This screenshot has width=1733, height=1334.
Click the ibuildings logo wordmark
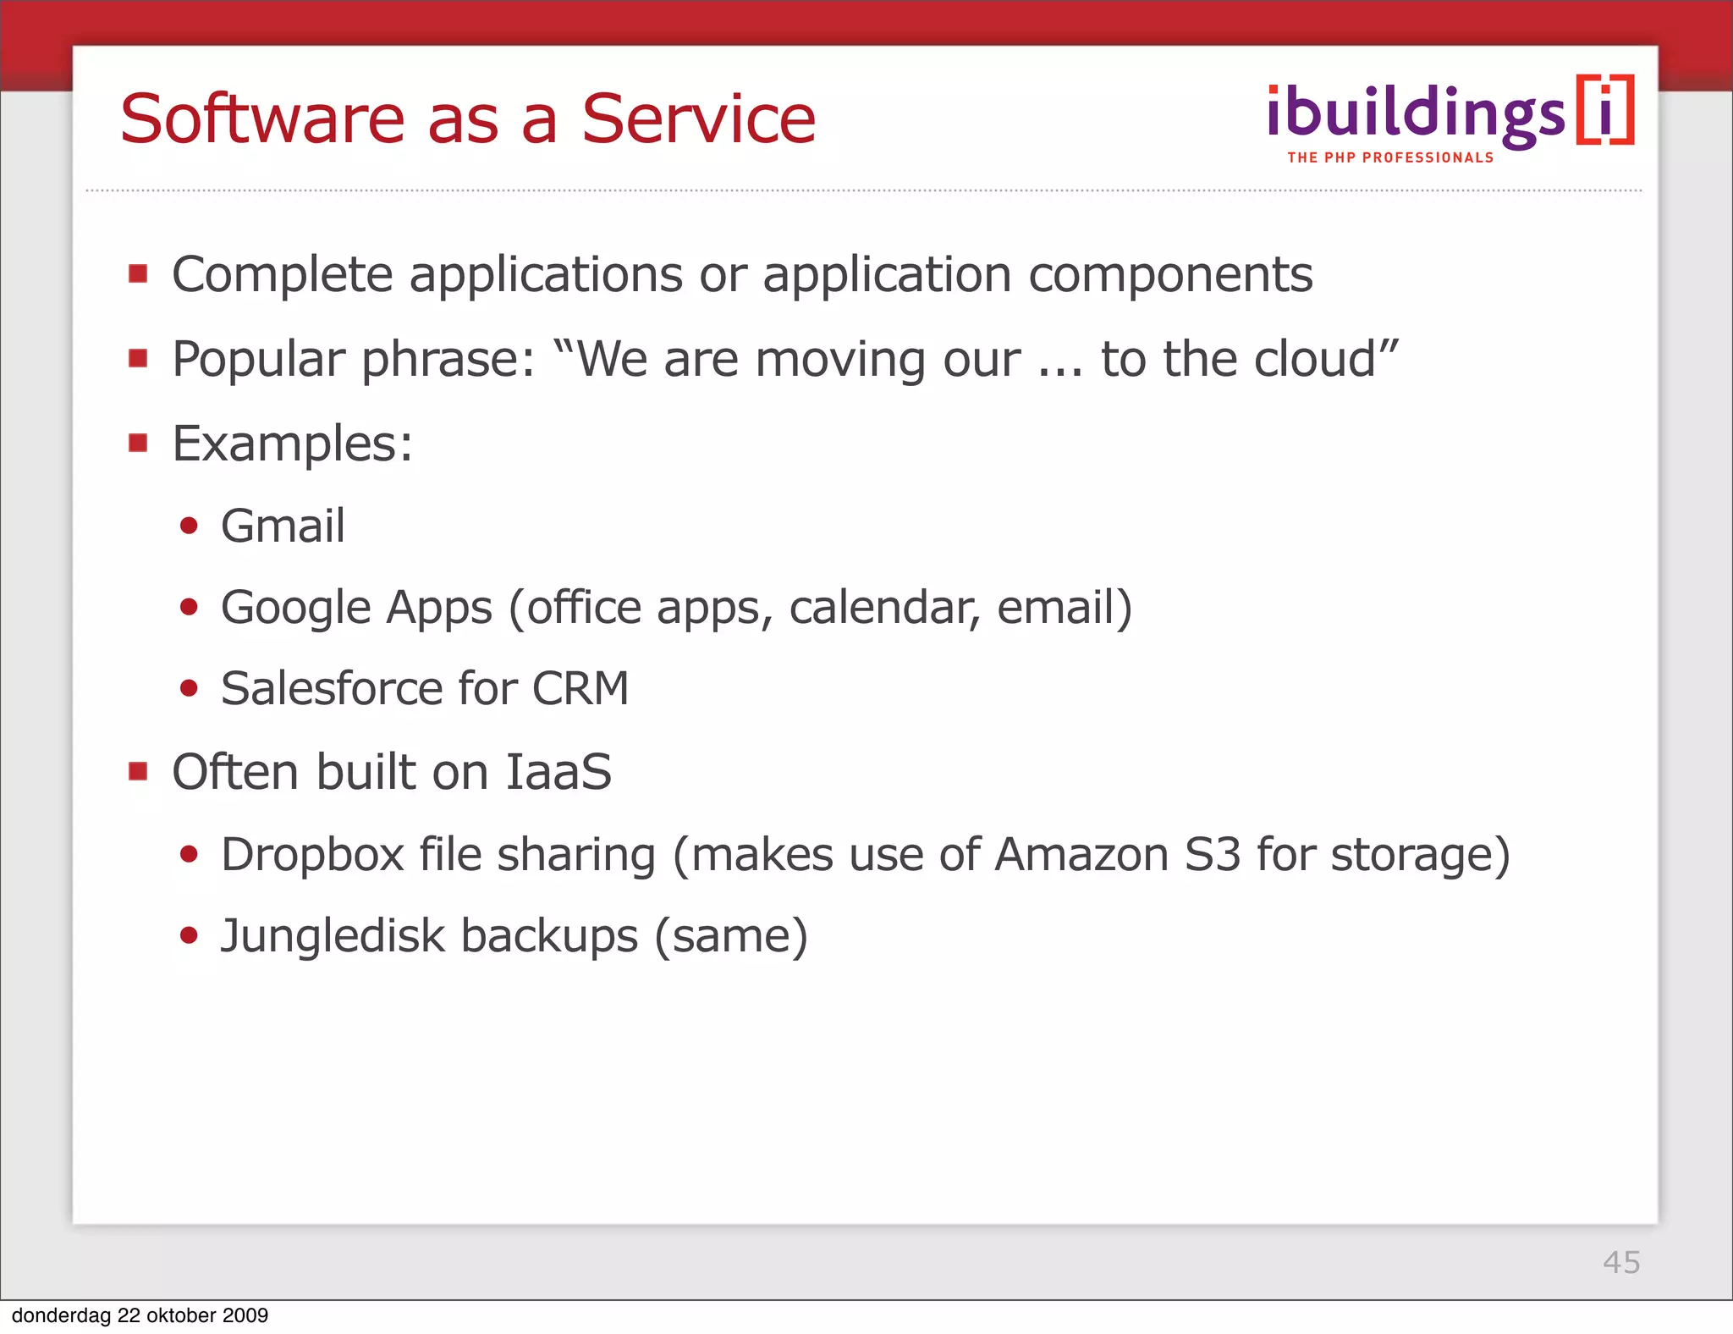(1416, 114)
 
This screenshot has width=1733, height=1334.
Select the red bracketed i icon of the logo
(1605, 111)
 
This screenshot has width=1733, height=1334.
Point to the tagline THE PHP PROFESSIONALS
(1390, 158)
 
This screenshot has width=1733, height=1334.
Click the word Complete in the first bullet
(283, 274)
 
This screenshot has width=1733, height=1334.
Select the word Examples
(292, 444)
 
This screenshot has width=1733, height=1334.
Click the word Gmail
(283, 526)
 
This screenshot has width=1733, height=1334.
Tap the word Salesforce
(332, 688)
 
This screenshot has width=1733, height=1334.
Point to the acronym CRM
(580, 688)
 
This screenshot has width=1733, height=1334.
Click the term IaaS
(558, 772)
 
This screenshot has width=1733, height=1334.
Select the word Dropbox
(312, 854)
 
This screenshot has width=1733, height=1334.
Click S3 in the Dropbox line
(1212, 854)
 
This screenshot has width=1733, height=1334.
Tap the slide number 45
(1621, 1262)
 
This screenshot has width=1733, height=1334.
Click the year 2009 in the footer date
(245, 1315)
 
